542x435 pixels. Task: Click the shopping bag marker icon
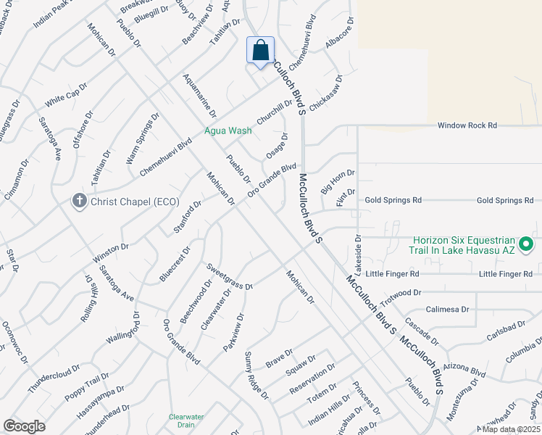click(261, 51)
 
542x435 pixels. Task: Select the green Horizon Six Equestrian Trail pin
click(527, 244)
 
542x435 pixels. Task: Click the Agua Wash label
click(228, 130)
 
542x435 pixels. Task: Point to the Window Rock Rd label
click(467, 125)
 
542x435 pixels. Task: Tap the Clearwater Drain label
click(186, 420)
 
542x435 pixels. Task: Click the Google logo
click(24, 426)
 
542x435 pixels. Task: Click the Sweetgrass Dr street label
click(228, 277)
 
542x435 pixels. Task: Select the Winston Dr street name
click(110, 253)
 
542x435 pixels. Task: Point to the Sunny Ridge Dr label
click(256, 376)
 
